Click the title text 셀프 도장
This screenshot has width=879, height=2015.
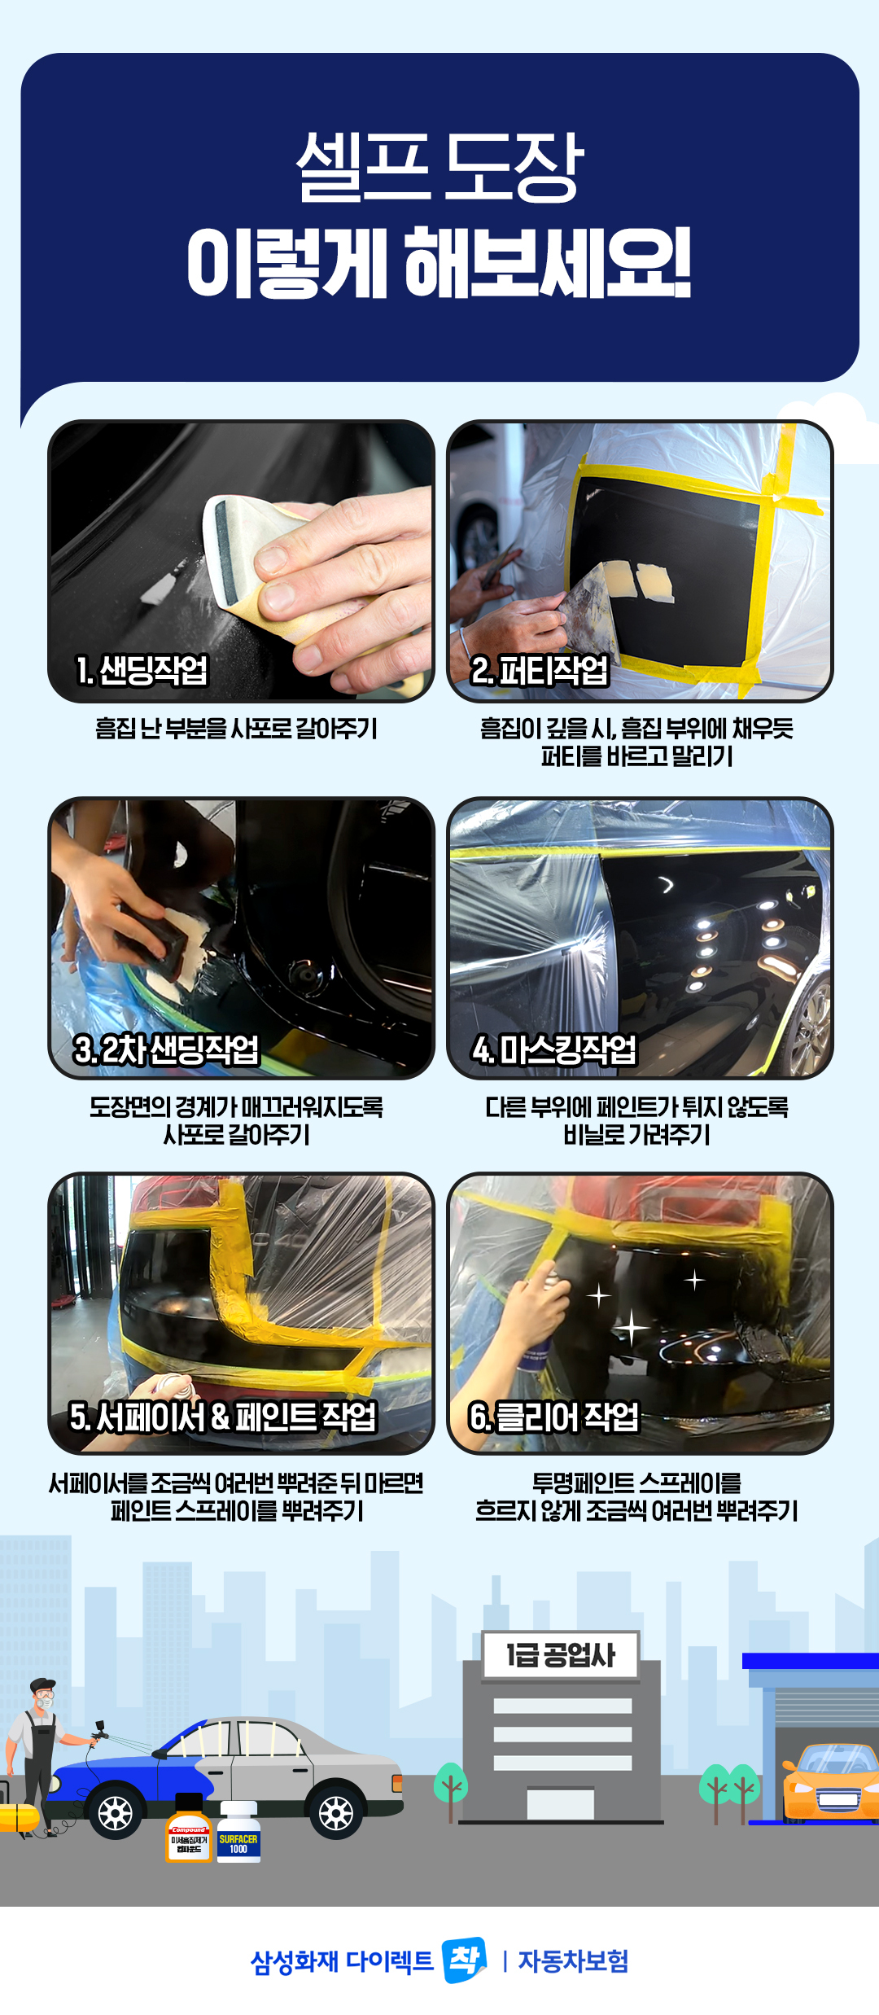(x=439, y=166)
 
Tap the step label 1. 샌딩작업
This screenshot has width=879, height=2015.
(x=142, y=670)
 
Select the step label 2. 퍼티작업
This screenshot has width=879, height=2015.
(x=540, y=670)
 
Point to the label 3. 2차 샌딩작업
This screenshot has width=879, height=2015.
(x=166, y=1049)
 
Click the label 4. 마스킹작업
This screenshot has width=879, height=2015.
(x=554, y=1049)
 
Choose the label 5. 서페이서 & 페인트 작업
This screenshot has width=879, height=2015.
(x=223, y=1417)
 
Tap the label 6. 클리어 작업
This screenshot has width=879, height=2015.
(x=554, y=1417)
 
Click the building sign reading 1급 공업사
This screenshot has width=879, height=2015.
(x=561, y=1654)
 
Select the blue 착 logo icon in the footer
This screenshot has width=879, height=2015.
(x=464, y=1960)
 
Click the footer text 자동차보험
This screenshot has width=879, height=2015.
(x=573, y=1961)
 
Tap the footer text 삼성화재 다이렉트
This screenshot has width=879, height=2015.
(x=342, y=1961)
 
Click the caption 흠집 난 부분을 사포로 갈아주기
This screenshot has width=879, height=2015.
(x=236, y=728)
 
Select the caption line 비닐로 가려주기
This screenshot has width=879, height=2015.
(x=637, y=1134)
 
